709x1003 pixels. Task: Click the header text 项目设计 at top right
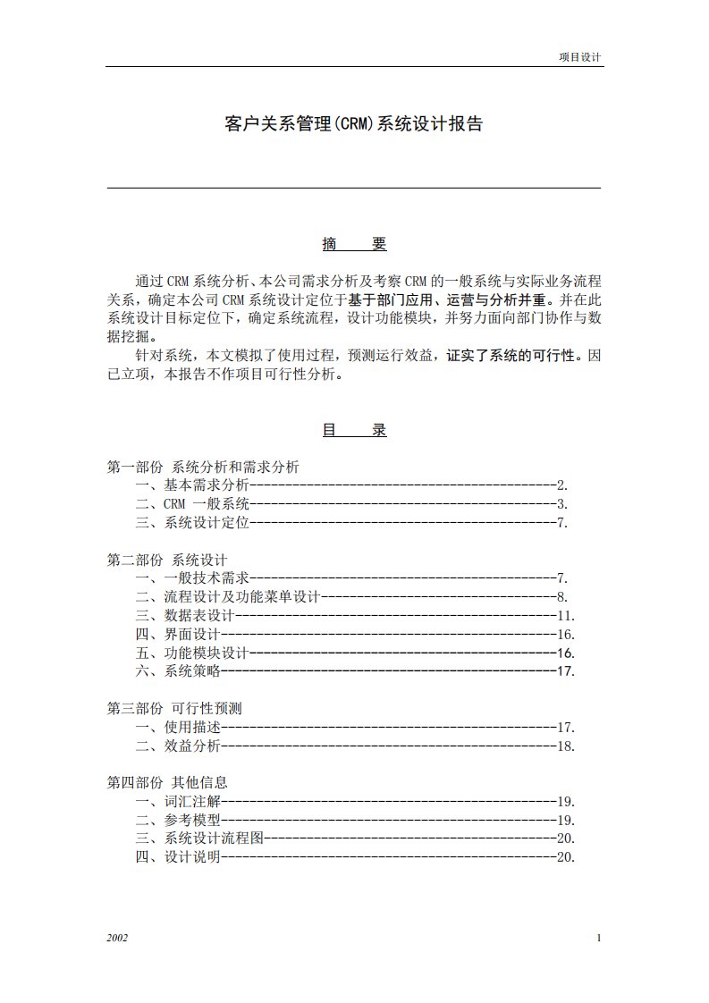click(579, 56)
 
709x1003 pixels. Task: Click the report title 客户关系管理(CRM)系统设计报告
click(353, 124)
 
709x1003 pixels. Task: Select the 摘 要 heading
click(354, 244)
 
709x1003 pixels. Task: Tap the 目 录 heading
click(354, 430)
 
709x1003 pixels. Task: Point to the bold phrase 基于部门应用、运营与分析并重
click(450, 299)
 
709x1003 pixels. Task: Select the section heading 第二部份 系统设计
click(167, 560)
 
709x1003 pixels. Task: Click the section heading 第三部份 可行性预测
click(174, 708)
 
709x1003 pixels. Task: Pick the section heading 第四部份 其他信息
click(167, 783)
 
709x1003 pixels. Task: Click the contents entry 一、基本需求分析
click(192, 485)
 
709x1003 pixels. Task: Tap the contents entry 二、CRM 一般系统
click(192, 504)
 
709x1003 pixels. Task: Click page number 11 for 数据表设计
click(564, 616)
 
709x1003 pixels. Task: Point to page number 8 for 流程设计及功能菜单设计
click(561, 597)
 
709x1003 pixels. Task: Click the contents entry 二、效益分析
click(178, 746)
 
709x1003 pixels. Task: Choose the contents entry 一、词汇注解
click(178, 802)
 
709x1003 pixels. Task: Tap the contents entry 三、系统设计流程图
click(199, 839)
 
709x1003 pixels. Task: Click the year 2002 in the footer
click(117, 938)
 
